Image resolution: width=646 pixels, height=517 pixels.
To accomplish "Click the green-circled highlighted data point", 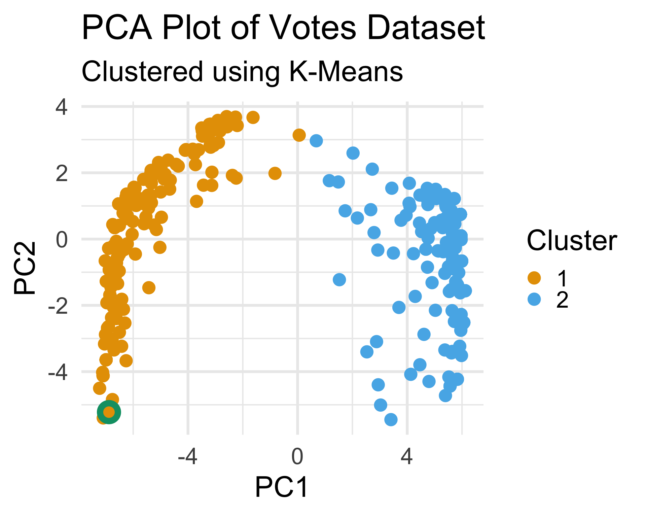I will (x=109, y=412).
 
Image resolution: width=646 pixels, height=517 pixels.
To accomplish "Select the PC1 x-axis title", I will (x=281, y=487).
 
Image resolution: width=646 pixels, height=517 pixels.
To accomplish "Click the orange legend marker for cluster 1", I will (x=534, y=278).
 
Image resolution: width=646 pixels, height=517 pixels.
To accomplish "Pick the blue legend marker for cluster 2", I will (x=534, y=299).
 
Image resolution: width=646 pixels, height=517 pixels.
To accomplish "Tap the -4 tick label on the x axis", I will (x=188, y=457).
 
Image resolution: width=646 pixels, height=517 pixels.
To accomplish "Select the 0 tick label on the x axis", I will (x=297, y=457).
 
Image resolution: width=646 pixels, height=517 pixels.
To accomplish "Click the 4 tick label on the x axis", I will (x=407, y=457).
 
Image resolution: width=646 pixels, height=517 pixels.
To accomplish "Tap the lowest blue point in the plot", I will (x=391, y=419).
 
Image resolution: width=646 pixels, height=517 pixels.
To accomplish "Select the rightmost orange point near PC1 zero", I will (x=299, y=135).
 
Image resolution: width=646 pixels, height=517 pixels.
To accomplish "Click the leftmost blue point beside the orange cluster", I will (x=316, y=140).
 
